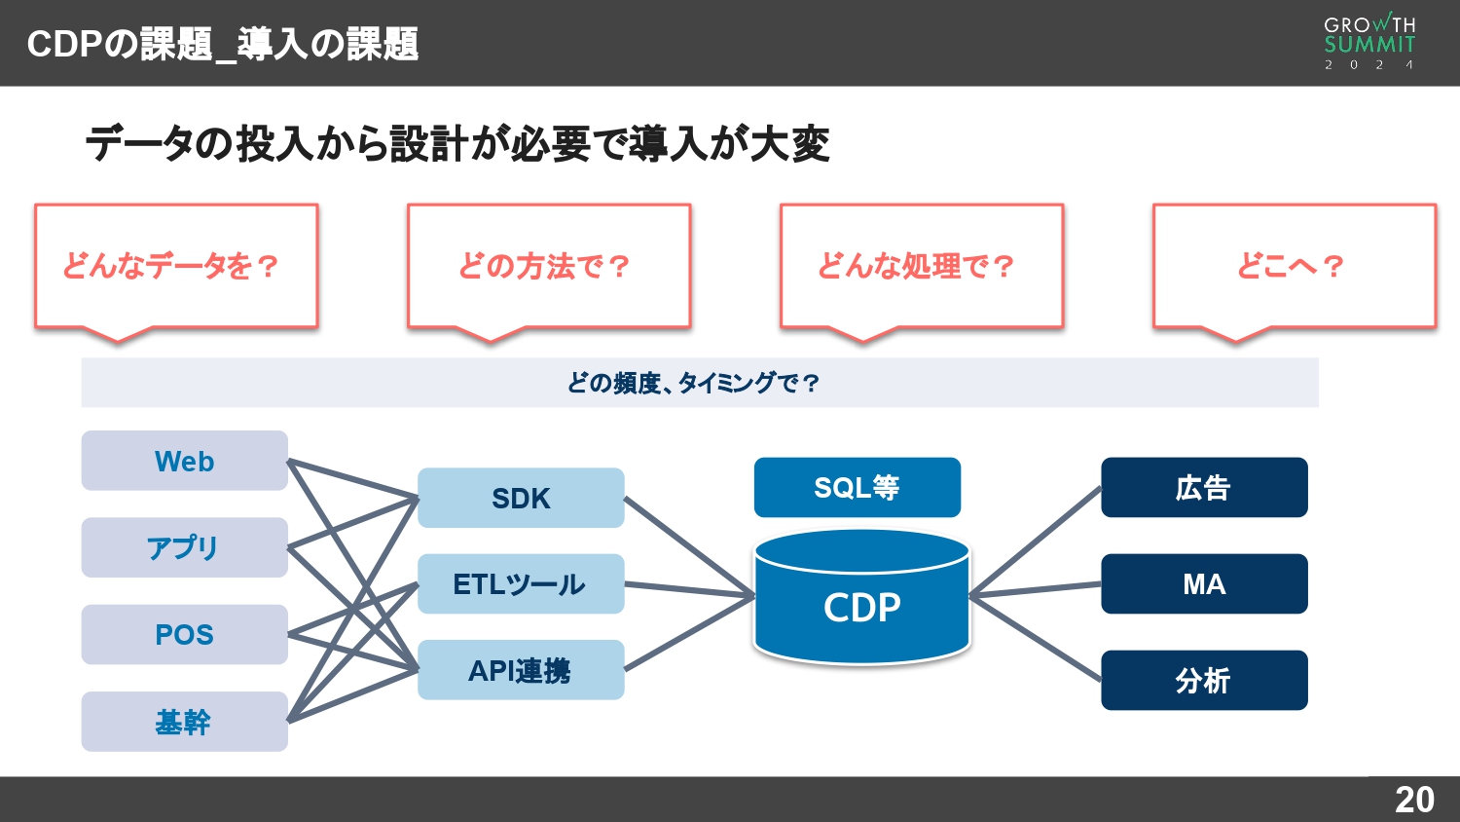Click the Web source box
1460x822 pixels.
tap(184, 461)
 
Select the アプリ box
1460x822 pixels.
tap(184, 547)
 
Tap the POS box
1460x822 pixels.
tap(184, 634)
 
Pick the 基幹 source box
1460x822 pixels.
tap(184, 722)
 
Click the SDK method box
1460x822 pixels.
tap(521, 498)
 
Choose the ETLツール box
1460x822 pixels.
tap(521, 583)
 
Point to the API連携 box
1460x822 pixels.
tap(521, 670)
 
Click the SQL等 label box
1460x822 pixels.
tap(857, 487)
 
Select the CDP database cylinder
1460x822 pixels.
tap(861, 604)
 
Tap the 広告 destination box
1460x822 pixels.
tap(1204, 487)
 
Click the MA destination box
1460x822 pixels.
tap(1204, 583)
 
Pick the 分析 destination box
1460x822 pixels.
tap(1204, 680)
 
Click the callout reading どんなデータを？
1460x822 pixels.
tap(176, 266)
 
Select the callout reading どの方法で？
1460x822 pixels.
tap(549, 266)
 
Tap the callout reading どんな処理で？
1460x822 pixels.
tap(921, 266)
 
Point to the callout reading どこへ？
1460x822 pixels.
tap(1294, 266)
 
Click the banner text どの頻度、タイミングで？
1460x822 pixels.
tap(695, 383)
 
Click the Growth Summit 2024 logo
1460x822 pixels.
tap(1369, 42)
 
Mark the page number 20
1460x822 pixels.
tap(1414, 800)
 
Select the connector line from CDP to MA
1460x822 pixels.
tap(1036, 590)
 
